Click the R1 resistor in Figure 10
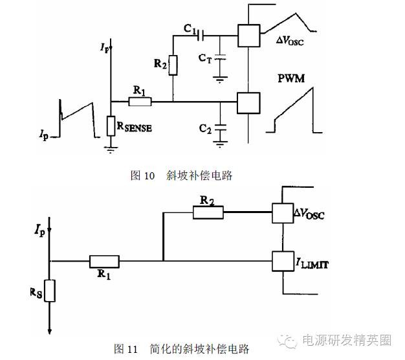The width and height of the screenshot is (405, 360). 140,102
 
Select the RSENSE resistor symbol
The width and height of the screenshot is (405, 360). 111,126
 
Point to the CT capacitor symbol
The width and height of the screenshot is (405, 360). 220,58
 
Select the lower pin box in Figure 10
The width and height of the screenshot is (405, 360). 248,102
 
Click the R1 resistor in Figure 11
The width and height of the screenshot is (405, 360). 104,262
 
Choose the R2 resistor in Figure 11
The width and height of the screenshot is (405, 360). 208,210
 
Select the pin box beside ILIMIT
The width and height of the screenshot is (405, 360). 283,262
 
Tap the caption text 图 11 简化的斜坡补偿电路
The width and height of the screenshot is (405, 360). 182,349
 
